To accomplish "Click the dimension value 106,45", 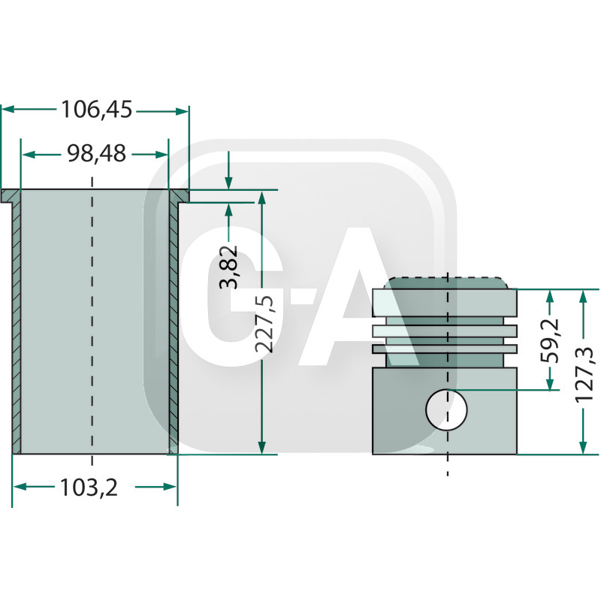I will (x=96, y=110).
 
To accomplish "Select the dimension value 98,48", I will (x=95, y=154).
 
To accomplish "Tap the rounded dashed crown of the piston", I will (x=447, y=283).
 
